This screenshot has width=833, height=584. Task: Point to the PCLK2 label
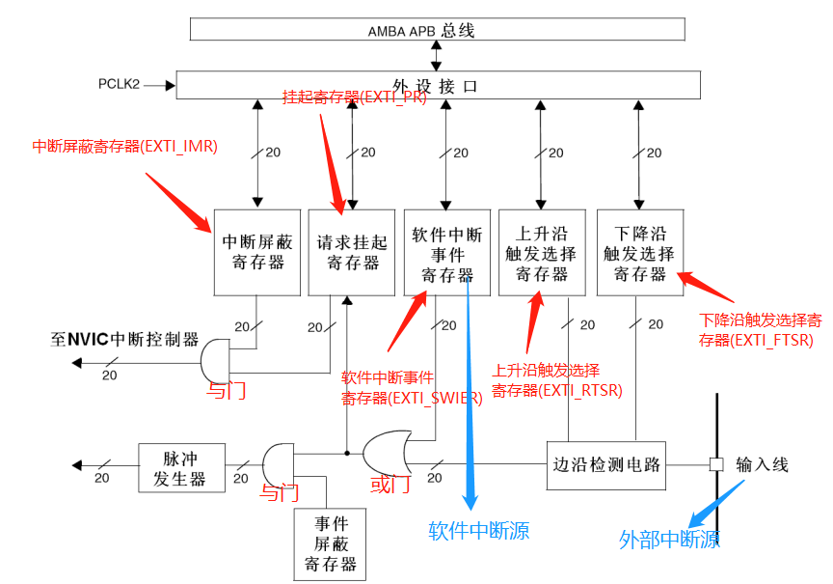(120, 85)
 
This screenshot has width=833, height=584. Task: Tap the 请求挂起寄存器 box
(352, 252)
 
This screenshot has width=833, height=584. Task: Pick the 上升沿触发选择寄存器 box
(542, 252)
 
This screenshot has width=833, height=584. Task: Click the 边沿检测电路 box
(607, 464)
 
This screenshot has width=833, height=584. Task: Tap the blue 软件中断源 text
(479, 530)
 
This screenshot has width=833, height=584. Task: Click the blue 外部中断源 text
(669, 540)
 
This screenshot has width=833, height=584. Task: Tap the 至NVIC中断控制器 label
(125, 340)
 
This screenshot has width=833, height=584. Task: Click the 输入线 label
(762, 464)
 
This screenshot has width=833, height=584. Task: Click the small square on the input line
(715, 464)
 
